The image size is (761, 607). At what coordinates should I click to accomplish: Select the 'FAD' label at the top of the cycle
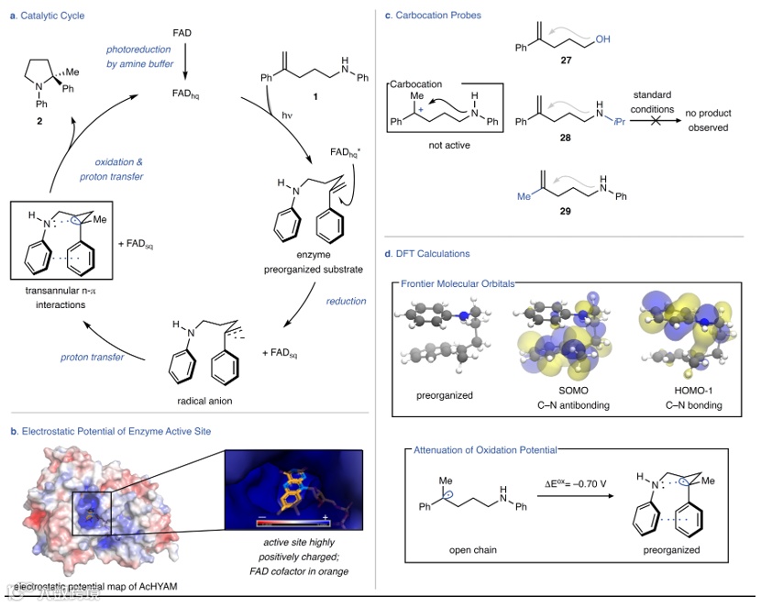coord(183,33)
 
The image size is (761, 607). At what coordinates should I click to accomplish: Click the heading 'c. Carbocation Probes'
coord(435,15)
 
